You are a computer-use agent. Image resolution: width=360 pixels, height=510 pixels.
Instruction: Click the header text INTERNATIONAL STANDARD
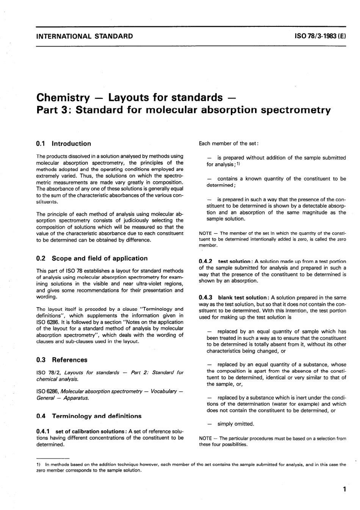(x=85, y=36)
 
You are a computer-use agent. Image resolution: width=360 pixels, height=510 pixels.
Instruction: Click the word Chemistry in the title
(x=63, y=97)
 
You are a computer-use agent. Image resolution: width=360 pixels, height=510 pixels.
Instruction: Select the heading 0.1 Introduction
(x=64, y=144)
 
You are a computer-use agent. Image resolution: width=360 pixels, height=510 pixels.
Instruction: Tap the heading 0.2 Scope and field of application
(x=92, y=258)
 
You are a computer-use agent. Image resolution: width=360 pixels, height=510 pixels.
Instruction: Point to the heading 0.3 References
(x=62, y=360)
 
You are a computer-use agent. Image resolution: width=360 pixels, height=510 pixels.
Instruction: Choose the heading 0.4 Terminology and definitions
(x=89, y=416)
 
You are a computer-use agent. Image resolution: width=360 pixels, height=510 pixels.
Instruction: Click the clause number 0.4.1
(x=44, y=431)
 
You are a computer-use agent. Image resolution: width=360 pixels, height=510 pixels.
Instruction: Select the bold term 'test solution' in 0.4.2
(x=234, y=261)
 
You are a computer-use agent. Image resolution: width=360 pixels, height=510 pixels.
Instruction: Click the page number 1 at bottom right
(x=344, y=489)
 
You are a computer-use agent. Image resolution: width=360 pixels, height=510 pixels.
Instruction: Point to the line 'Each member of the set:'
(x=229, y=144)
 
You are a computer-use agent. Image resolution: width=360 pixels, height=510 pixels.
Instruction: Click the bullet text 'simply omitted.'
(x=236, y=424)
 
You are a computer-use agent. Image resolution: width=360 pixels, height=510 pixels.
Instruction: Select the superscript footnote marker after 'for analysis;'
(x=238, y=164)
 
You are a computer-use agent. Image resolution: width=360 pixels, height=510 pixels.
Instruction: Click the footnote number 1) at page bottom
(x=38, y=464)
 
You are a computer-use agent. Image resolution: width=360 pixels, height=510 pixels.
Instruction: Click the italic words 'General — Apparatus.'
(x=63, y=398)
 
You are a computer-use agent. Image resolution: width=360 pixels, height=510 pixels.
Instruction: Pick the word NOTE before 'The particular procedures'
(x=205, y=438)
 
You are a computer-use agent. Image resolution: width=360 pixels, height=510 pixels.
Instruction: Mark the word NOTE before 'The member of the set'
(x=205, y=233)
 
